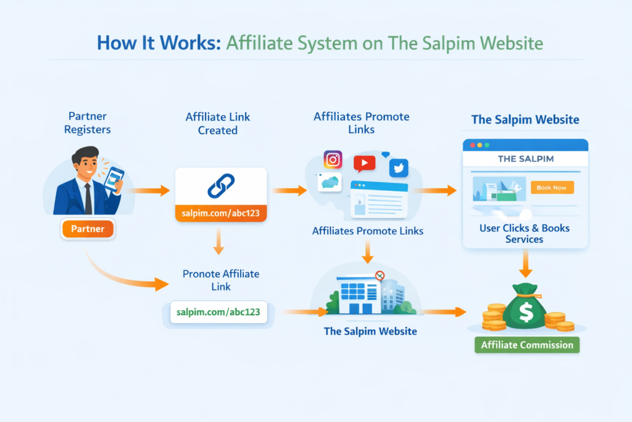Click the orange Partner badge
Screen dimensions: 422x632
[x=88, y=229]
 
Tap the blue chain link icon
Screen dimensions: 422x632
[x=220, y=186]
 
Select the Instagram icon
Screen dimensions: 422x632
[x=333, y=160]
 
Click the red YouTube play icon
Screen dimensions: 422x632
[x=364, y=163]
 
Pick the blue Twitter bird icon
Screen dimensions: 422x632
[x=399, y=168]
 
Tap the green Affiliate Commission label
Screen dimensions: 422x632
[x=527, y=345]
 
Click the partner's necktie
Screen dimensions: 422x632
[x=88, y=198]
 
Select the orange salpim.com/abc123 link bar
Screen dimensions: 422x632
[x=221, y=213]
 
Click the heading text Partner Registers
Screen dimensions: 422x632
[x=88, y=122]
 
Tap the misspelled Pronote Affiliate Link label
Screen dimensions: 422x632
[x=221, y=280]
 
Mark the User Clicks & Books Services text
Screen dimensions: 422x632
[x=525, y=234]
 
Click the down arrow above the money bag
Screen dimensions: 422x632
[x=525, y=266]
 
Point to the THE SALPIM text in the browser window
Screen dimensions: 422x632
[x=525, y=159]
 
